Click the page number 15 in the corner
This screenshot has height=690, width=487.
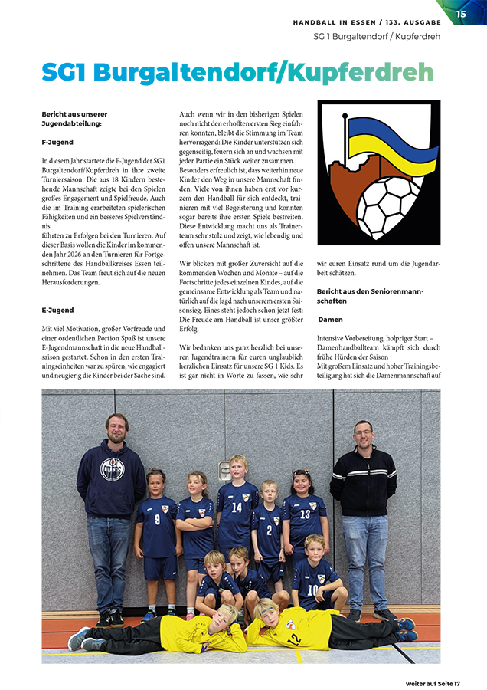click(461, 13)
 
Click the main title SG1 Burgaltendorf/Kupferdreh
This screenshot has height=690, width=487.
click(237, 72)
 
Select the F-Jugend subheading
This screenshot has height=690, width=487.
click(57, 143)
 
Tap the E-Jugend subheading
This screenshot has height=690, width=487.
click(57, 310)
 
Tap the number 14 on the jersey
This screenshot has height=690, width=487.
click(237, 508)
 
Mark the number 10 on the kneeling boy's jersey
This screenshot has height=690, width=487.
click(312, 589)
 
